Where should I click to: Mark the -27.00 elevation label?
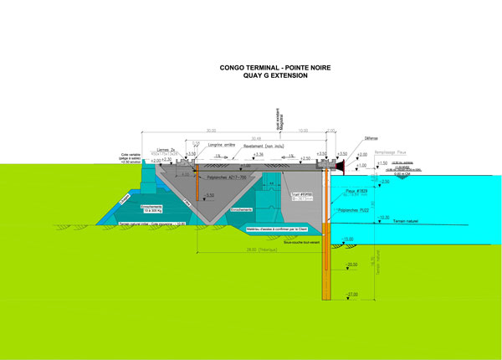(x=351, y=294)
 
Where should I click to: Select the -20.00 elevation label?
(x=351, y=265)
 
